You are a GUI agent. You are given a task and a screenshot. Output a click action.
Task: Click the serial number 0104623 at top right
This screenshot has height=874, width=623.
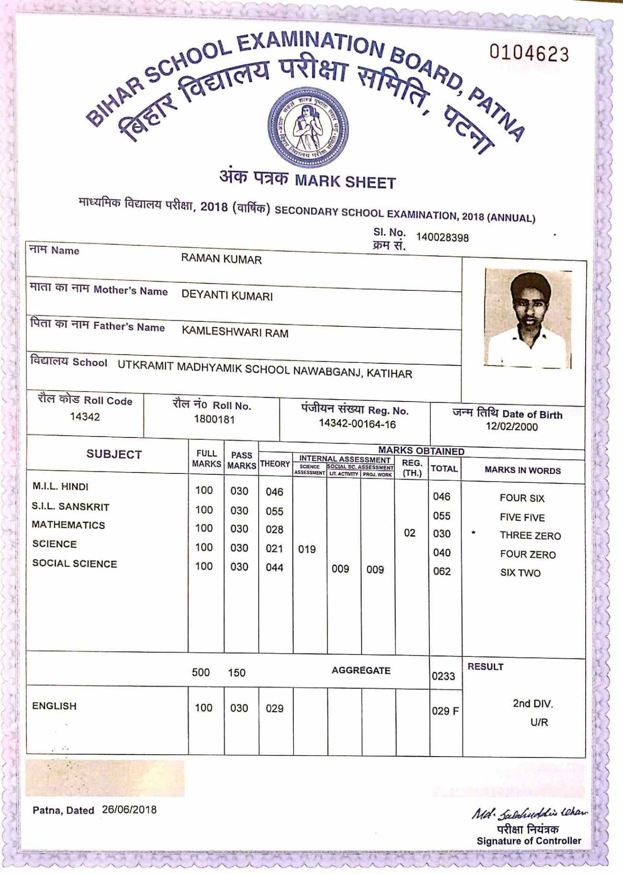coord(529,53)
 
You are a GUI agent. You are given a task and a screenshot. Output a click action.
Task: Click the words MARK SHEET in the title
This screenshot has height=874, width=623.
coord(345,182)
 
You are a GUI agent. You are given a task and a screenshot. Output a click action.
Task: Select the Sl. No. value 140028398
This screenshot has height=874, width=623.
coord(442,237)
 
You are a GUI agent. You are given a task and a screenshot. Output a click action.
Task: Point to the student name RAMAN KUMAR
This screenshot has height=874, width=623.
coord(221,259)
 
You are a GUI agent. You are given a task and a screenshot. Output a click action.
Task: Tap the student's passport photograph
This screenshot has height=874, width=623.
coord(528,318)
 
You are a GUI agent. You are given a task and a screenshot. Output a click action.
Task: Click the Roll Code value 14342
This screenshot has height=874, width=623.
coord(85,416)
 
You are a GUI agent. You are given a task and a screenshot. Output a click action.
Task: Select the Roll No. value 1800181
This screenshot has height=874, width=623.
coord(214,419)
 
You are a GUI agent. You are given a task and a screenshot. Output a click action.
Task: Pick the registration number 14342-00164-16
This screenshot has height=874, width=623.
coord(357,424)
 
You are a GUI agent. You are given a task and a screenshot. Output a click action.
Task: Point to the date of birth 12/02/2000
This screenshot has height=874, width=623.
coord(511,426)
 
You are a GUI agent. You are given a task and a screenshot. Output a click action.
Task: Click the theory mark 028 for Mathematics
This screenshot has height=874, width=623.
coord(274,529)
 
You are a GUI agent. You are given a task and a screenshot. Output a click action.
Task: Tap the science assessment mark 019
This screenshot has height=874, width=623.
coord(307,549)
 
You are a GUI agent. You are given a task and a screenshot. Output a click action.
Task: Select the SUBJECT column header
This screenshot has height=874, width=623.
coord(114,454)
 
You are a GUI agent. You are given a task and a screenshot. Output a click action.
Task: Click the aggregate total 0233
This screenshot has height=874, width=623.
coord(443,676)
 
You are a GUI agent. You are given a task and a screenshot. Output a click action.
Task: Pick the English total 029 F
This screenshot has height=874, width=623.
coord(445,711)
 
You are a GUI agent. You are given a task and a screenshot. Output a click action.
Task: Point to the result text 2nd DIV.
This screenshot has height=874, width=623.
coord(532,703)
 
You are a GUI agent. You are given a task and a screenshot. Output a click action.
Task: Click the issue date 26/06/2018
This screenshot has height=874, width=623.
coord(129,809)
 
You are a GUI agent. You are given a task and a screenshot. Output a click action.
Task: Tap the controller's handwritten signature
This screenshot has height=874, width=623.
coord(530,813)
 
